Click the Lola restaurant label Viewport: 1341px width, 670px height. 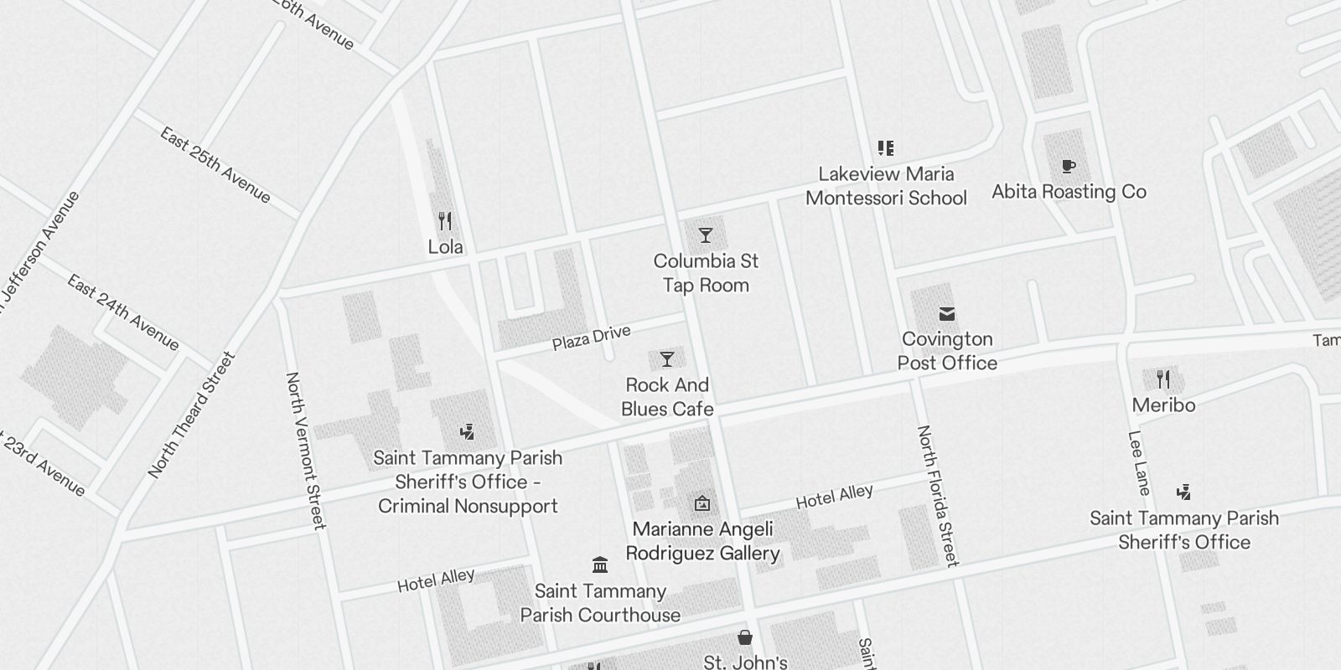445,247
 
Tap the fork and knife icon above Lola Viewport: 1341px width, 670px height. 445,221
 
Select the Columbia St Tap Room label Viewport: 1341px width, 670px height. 706,273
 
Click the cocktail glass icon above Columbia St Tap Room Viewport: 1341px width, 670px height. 706,235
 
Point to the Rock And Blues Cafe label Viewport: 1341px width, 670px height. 667,397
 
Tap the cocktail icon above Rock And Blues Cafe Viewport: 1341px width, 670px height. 667,359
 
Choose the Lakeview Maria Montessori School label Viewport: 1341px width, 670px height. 886,186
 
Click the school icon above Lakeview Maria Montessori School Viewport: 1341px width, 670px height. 886,148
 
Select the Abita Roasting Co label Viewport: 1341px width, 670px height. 1069,192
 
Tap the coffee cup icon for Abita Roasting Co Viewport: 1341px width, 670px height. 1068,167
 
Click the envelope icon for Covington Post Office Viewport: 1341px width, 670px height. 947,314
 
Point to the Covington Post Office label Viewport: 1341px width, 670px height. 947,351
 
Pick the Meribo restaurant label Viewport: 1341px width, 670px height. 1163,405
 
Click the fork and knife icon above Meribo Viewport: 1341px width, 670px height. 1163,379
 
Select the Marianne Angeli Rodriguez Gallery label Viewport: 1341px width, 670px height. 702,541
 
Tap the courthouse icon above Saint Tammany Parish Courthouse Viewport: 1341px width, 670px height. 600,564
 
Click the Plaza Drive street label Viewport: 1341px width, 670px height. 591,338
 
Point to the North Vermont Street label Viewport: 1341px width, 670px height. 304,451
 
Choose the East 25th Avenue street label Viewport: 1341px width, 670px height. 215,166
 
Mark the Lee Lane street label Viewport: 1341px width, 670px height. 1138,463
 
